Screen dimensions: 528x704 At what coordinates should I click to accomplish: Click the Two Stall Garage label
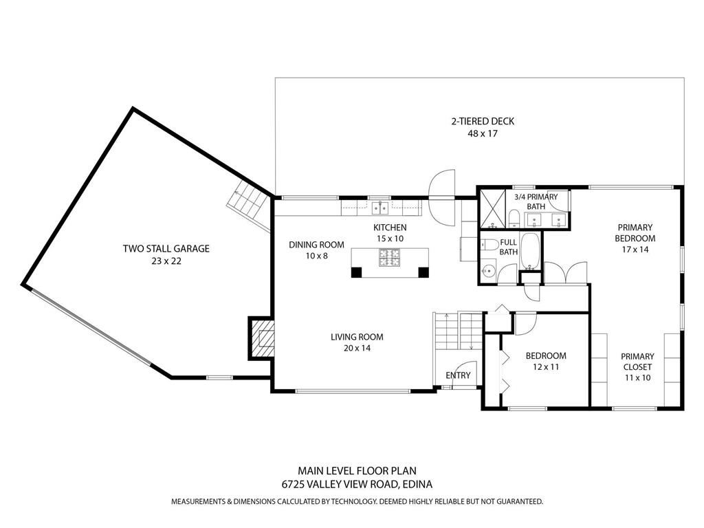(166, 249)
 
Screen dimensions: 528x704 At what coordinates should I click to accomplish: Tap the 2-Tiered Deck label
(482, 122)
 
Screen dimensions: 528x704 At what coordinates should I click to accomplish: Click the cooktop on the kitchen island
(390, 258)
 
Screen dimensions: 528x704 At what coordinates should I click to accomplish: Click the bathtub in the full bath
(530, 251)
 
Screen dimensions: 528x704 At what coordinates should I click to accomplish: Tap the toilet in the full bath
(489, 245)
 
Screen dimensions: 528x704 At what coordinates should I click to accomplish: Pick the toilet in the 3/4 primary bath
(514, 219)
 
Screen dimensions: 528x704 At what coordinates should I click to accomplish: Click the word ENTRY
(458, 375)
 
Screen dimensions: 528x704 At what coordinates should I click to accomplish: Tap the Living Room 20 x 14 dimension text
(357, 349)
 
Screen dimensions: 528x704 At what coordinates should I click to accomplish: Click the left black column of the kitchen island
(356, 272)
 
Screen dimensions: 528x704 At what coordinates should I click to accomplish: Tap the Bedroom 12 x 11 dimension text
(546, 367)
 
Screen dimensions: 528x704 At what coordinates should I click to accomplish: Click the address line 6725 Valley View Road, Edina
(357, 484)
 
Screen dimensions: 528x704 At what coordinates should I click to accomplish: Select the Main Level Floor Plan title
(357, 471)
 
